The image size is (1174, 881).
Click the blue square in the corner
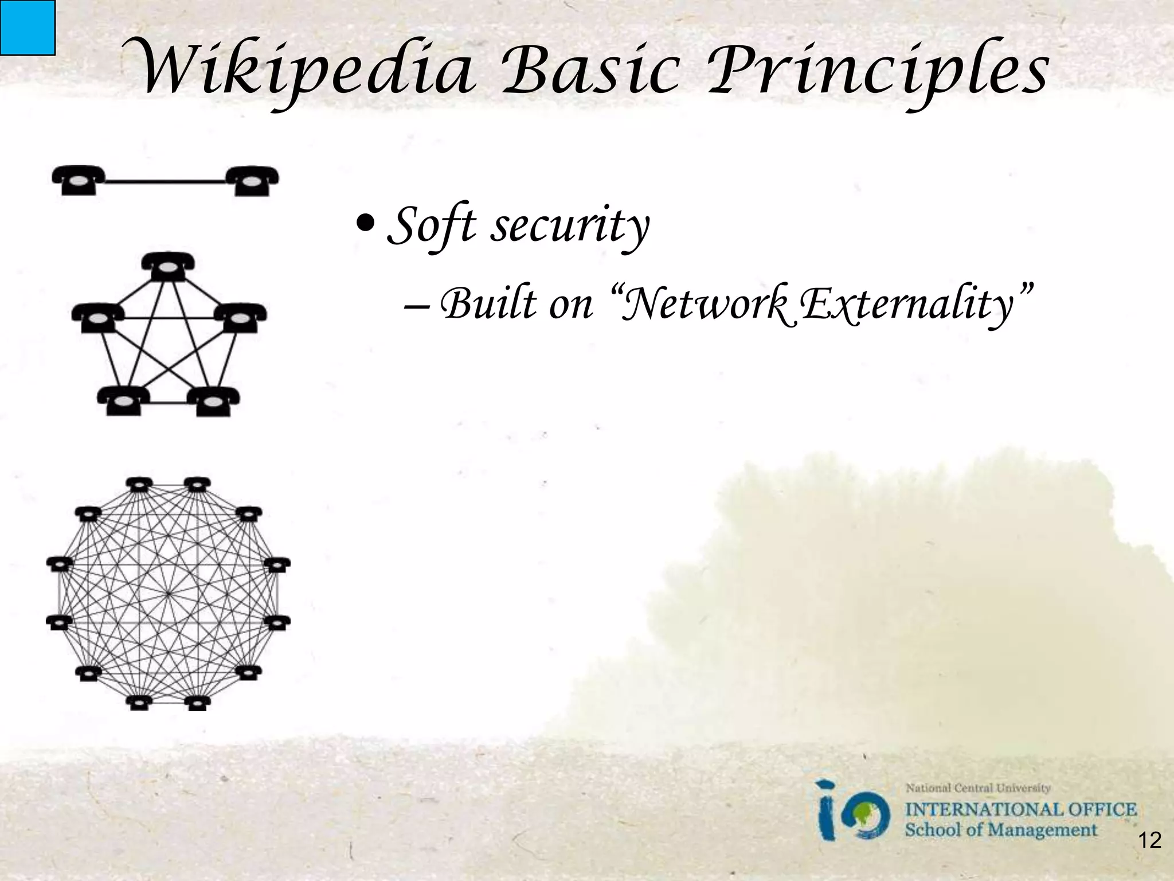click(x=27, y=27)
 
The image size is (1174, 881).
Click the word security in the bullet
click(x=570, y=225)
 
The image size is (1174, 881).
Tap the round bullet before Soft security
click(x=365, y=221)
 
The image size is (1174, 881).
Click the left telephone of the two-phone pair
click(x=79, y=181)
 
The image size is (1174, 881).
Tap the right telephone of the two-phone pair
click(x=252, y=181)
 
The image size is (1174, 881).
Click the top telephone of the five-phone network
click(x=167, y=267)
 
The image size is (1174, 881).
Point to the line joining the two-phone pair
click(x=166, y=182)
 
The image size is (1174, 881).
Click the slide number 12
click(x=1149, y=841)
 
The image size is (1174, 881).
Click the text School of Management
click(x=1000, y=830)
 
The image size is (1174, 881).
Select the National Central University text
click(x=977, y=788)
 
